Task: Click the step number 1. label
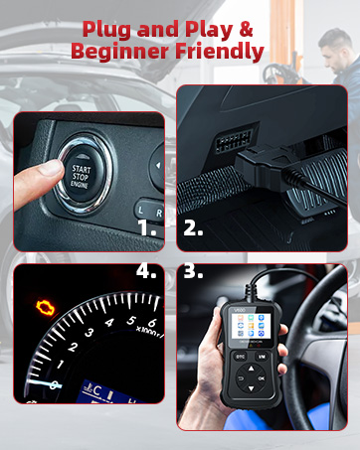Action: [147, 227]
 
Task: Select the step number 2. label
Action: [194, 227]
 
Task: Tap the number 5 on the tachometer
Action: [130, 321]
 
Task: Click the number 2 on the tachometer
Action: [73, 348]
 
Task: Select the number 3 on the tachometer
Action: [90, 333]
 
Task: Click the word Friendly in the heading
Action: [219, 51]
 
